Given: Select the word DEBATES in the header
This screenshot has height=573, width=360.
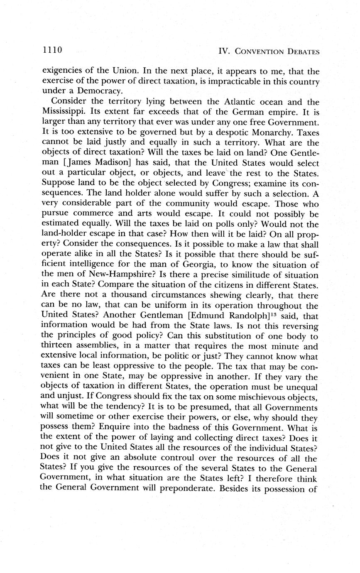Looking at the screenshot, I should click(301, 52).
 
